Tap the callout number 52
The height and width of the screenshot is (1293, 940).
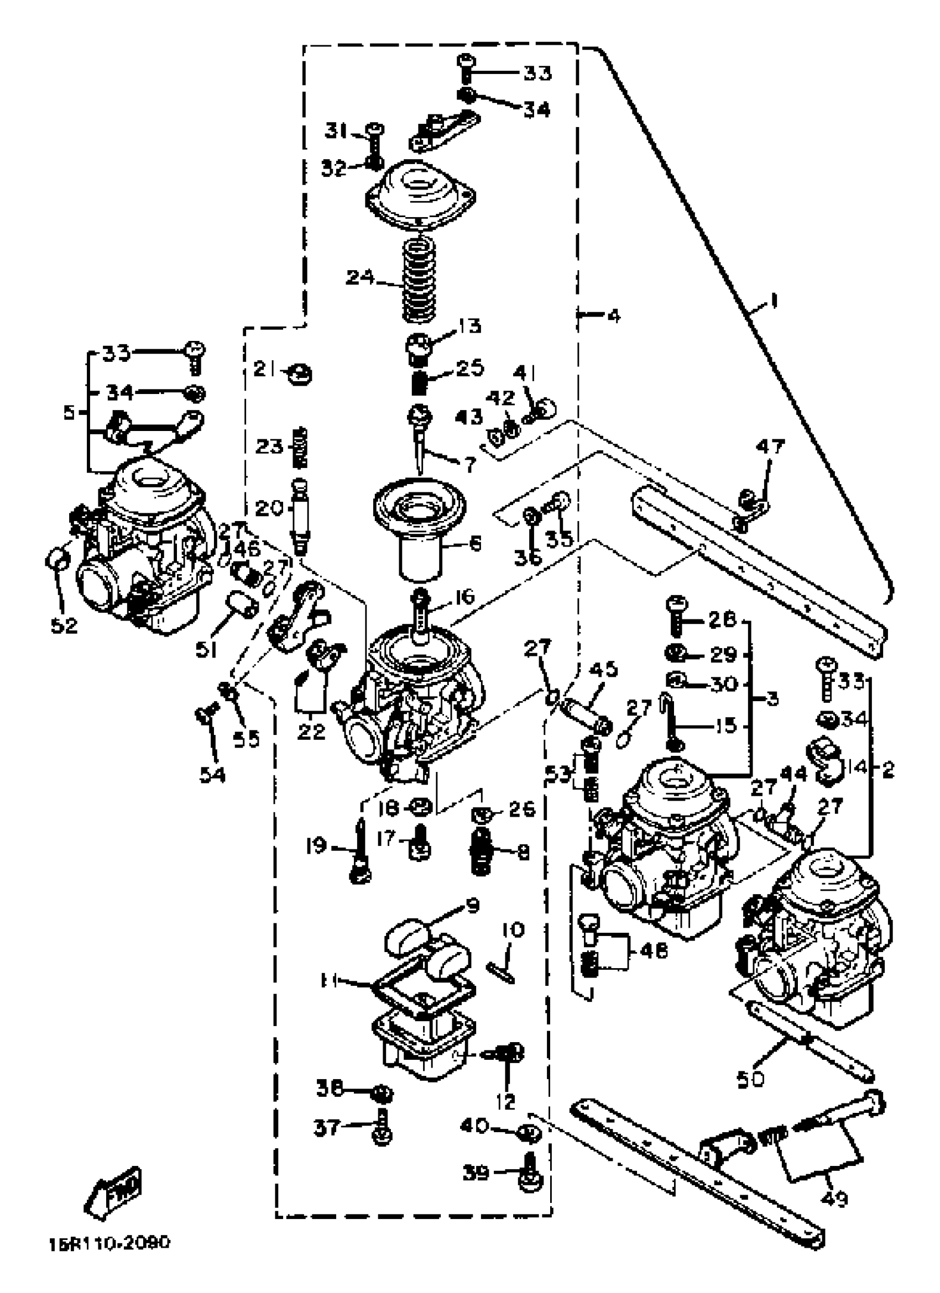64,626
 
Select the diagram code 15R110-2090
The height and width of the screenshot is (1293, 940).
109,1259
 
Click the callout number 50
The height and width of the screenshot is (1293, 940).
751,1079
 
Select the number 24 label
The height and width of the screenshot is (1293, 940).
361,277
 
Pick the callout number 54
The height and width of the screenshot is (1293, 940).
212,774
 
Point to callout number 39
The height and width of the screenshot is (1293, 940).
476,1172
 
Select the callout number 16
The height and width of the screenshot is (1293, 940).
465,596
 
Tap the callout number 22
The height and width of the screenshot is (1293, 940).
311,731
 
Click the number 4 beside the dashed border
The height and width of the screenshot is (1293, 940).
613,315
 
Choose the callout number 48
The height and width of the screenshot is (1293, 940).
653,950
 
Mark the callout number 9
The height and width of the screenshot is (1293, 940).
471,905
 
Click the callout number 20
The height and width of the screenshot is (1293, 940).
269,507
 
